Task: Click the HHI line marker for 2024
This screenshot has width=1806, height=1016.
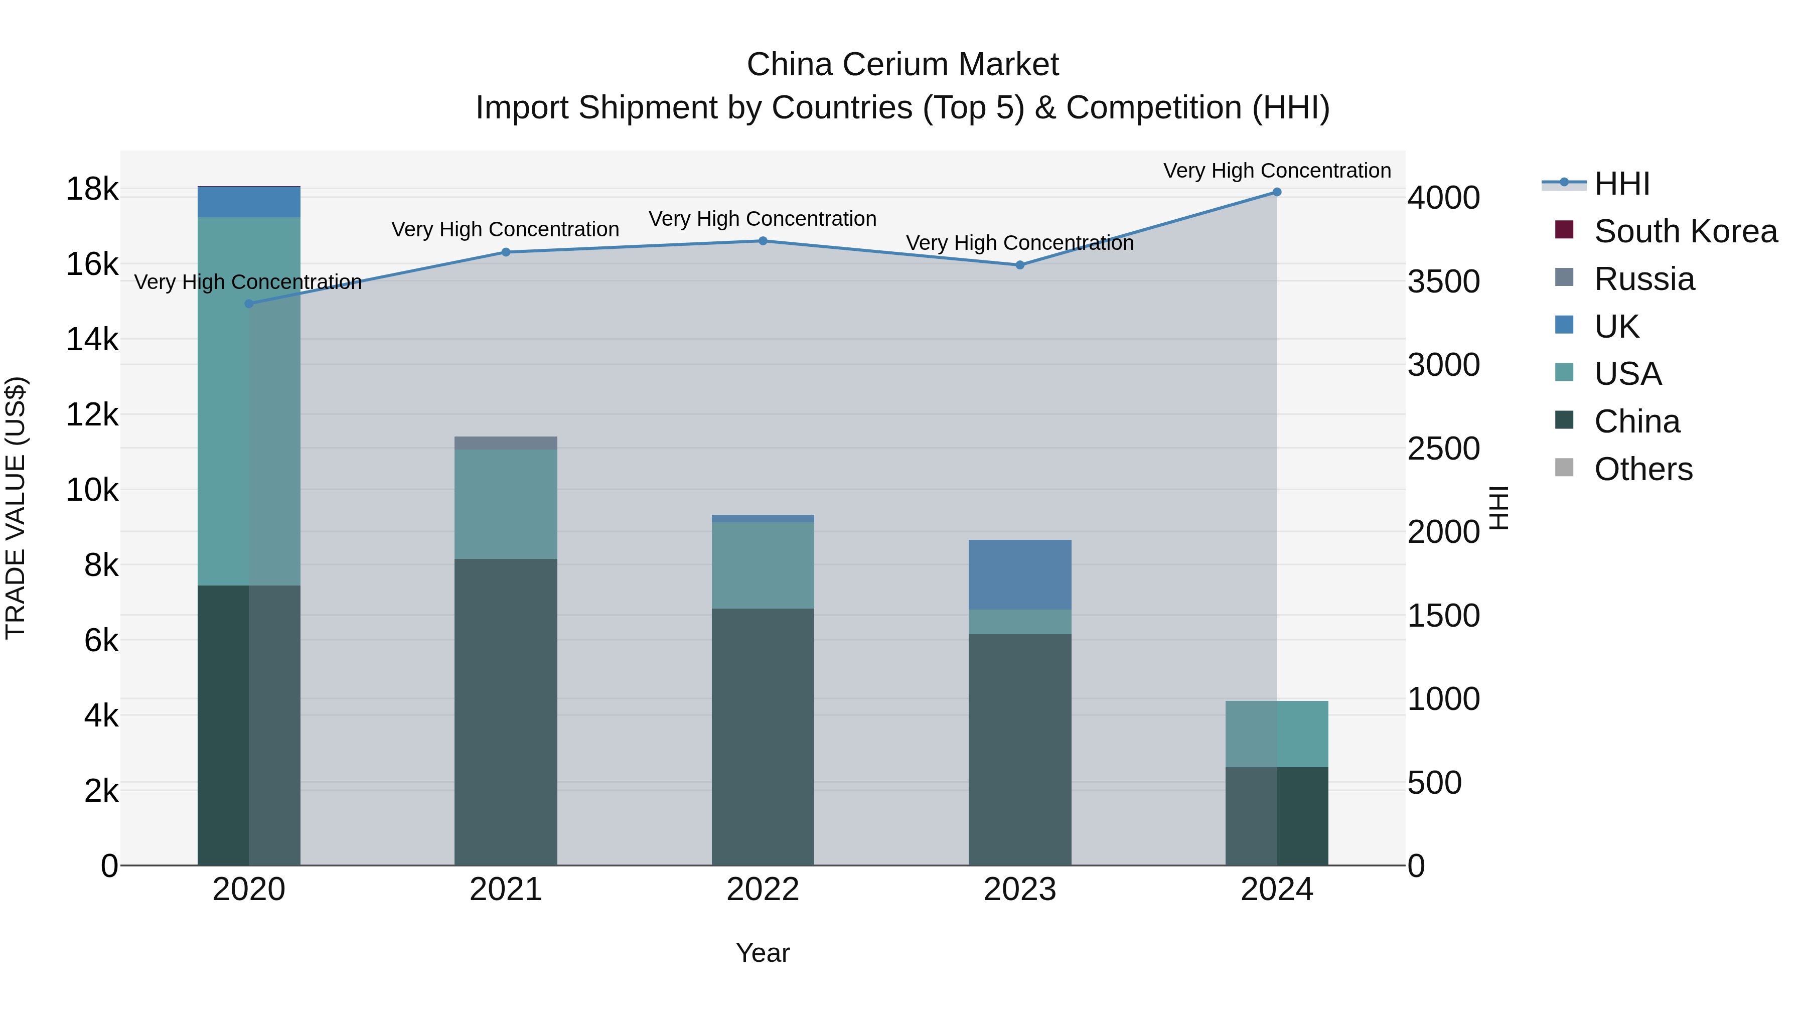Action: pos(1277,192)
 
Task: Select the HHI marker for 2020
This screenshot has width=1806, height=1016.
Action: pos(249,304)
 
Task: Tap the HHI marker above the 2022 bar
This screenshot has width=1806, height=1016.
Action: pos(763,241)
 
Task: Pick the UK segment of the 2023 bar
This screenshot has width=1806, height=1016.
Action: pos(1019,574)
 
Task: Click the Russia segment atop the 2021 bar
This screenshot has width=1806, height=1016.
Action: pos(506,443)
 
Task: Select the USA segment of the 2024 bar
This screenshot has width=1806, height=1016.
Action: pos(1277,734)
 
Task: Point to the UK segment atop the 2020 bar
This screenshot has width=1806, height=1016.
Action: pos(249,202)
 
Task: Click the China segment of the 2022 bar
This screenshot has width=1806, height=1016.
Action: pos(763,736)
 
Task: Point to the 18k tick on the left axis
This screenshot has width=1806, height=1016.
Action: pos(92,189)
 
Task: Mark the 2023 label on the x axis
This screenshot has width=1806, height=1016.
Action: pos(1019,890)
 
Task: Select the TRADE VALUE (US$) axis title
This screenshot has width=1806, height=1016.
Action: pos(16,508)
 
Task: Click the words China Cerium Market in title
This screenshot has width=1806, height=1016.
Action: pos(902,65)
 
